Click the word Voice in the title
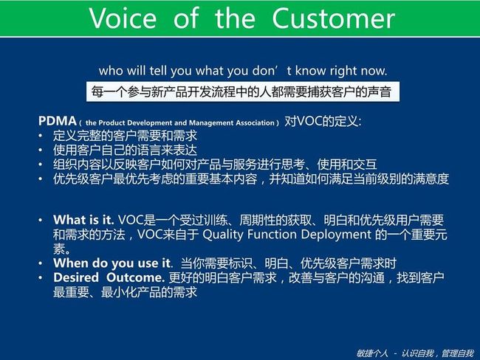coord(123,18)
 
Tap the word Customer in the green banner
coord(333,18)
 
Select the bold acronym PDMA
coord(58,121)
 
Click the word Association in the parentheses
coord(255,123)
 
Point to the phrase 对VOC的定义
coord(323,122)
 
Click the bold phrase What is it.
coord(83,220)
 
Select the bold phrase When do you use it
coord(112,263)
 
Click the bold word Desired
coord(76,277)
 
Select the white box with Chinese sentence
coord(243,91)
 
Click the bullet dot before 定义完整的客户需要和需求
coord(41,136)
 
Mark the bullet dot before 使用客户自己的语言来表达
coord(41,150)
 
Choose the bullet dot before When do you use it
coord(41,263)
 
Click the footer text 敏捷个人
coord(372,353)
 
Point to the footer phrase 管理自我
coord(458,353)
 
